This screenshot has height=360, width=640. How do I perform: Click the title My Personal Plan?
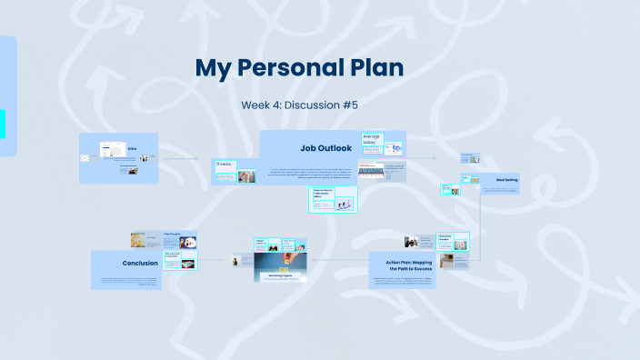299,69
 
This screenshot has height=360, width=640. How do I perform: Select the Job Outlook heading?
325,147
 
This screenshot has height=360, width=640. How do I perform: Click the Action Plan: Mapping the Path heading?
405,265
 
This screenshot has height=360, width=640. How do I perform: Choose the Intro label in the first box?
132,148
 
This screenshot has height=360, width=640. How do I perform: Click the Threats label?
225,165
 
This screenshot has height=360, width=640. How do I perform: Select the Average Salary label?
372,139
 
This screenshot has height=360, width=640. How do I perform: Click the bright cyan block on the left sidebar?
3,124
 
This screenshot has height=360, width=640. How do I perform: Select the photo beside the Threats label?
246,175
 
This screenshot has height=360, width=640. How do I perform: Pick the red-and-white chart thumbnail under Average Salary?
369,170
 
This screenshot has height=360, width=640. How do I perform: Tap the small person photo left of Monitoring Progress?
236,262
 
